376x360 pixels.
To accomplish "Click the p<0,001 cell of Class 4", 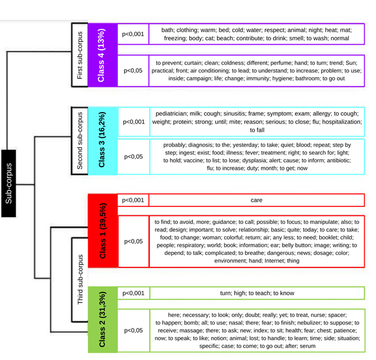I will click(x=133, y=34).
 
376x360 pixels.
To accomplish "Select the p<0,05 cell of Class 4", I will click(x=133, y=70).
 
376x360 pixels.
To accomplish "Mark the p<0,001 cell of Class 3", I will click(x=133, y=122).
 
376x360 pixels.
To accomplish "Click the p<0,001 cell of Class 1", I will click(x=133, y=200).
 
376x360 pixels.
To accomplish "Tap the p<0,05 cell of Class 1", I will click(x=133, y=241).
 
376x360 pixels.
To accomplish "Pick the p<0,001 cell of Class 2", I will click(x=133, y=293).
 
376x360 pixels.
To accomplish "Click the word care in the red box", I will click(x=256, y=201).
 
